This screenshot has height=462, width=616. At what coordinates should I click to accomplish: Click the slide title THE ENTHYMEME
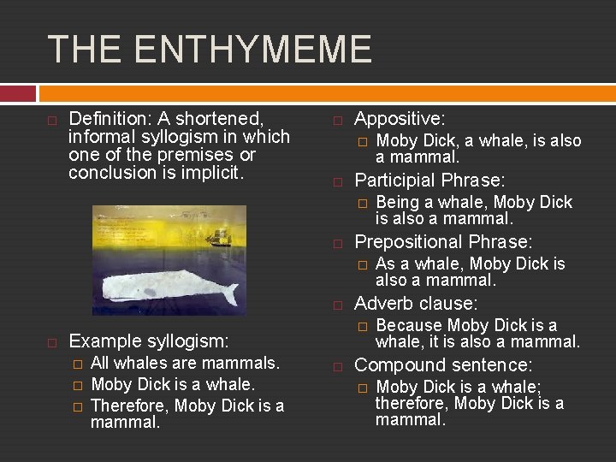[210, 49]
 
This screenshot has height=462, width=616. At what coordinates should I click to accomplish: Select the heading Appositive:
[399, 119]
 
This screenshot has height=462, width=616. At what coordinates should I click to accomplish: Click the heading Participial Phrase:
[429, 181]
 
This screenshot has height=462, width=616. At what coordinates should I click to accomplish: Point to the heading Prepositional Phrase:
[443, 242]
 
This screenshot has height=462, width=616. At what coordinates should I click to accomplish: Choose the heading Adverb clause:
[416, 304]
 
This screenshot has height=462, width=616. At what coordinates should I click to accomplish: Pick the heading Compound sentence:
[443, 365]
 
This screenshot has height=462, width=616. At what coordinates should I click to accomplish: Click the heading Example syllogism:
[148, 341]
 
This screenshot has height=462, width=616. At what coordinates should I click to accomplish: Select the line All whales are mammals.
[185, 364]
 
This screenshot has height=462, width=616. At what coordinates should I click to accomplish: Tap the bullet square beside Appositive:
[338, 120]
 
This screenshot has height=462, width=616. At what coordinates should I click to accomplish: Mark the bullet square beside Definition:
[52, 120]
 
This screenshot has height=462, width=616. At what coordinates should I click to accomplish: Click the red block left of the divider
[18, 92]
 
